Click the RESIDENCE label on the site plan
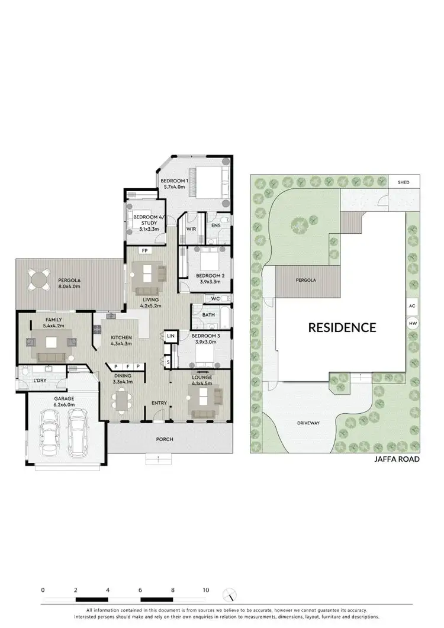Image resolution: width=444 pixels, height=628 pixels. [342, 327]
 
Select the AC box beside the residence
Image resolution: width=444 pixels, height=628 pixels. [412, 307]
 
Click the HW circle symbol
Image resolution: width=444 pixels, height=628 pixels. [412, 324]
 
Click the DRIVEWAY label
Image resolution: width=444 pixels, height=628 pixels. [308, 423]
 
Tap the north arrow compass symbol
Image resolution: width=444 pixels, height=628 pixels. [229, 594]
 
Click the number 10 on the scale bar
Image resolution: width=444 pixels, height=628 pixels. [205, 590]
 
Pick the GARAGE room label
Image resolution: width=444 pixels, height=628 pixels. [65, 399]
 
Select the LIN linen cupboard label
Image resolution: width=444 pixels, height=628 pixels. [170, 336]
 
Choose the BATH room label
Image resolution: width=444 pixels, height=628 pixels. [208, 315]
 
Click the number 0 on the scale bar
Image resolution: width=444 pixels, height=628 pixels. [43, 590]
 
